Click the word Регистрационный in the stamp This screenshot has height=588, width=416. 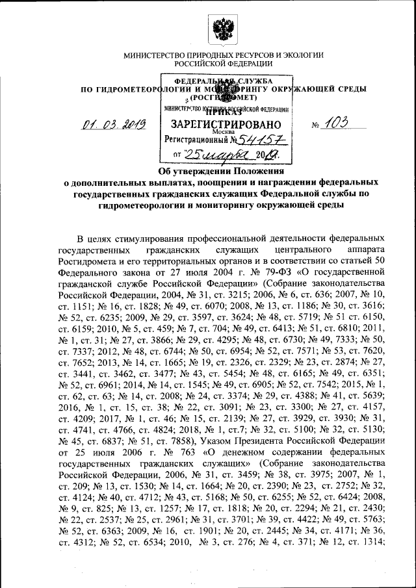pos(198,140)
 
